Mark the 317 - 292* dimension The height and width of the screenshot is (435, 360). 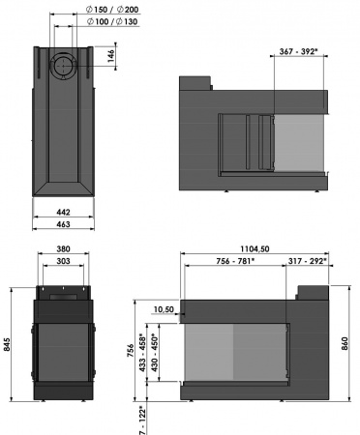tap(309, 260)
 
